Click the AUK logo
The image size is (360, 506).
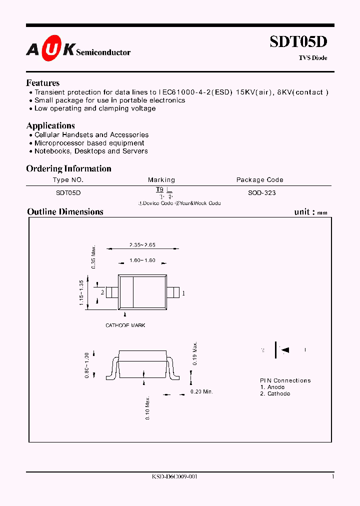[x=50, y=48]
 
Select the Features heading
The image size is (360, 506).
[x=43, y=83]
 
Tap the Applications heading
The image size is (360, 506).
[x=50, y=125]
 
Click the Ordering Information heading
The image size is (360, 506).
[x=68, y=168]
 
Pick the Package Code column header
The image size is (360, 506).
[x=259, y=179]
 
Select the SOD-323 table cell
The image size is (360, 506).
[x=261, y=192]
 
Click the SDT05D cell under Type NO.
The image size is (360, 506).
[x=68, y=192]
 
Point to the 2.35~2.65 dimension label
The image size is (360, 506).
[x=142, y=245]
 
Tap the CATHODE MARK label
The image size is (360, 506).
[x=125, y=325]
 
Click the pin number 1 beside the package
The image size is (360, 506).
[x=183, y=293]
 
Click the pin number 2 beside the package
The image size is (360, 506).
[x=102, y=292]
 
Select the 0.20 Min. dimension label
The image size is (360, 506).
[x=201, y=391]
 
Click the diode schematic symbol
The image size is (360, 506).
[x=283, y=350]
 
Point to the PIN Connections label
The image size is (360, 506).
[x=285, y=380]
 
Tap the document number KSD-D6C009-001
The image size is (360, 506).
[x=174, y=477]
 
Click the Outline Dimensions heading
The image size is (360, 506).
[x=65, y=211]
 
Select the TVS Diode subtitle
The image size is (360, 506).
[x=313, y=58]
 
